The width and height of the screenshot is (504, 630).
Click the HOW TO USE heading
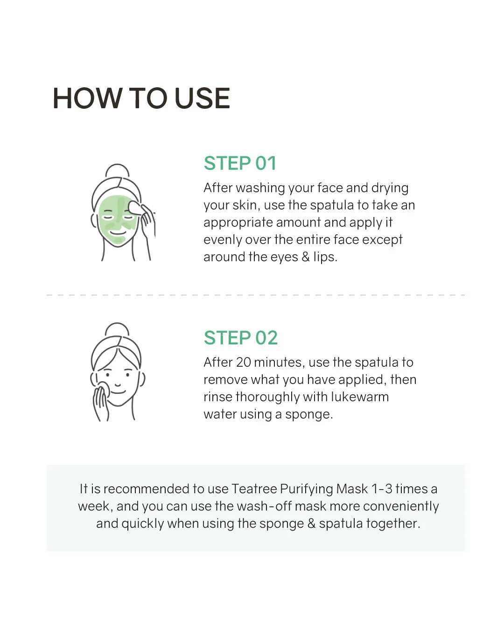click(141, 98)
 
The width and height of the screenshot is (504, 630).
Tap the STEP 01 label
click(240, 163)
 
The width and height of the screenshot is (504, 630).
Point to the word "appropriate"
click(238, 223)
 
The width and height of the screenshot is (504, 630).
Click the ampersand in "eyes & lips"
click(306, 257)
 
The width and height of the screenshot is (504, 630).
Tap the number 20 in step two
click(243, 363)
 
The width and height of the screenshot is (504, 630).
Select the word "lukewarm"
click(360, 397)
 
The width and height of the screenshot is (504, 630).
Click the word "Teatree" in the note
click(254, 489)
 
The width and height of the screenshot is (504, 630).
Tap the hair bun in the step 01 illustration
click(117, 170)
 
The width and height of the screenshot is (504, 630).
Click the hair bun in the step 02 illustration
click(117, 329)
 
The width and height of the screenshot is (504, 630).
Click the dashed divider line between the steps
click(255, 295)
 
